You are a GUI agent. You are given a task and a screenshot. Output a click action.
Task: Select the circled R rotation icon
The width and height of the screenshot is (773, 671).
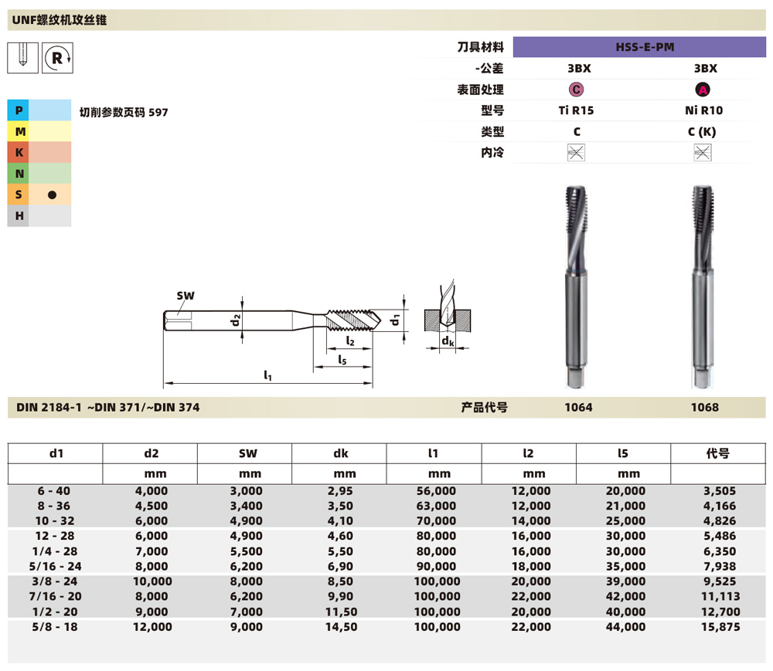[57, 56]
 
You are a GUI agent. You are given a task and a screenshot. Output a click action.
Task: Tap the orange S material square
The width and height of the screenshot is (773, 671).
[18, 195]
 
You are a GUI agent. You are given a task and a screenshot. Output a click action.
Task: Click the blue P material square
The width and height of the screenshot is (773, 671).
[18, 111]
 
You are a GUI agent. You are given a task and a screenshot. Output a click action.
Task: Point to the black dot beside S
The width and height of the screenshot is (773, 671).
[52, 195]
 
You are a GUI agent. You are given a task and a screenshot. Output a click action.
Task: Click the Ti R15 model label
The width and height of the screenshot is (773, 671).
[576, 110]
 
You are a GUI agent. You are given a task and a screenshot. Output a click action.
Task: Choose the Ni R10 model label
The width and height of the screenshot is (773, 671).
[703, 110]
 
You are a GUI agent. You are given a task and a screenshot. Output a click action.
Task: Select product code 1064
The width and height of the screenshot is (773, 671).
[579, 407]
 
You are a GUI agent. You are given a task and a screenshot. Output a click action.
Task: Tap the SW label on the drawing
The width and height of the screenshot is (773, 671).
[185, 296]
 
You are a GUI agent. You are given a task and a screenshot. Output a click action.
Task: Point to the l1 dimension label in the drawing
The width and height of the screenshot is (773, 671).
[267, 375]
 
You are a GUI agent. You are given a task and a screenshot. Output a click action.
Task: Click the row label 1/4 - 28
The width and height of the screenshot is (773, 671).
[55, 551]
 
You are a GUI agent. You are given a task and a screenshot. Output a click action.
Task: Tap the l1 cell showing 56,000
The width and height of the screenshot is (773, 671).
[434, 491]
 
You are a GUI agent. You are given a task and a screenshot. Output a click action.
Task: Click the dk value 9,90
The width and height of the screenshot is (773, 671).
[339, 597]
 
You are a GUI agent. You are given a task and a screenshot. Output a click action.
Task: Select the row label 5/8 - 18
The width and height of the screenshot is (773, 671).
[55, 627]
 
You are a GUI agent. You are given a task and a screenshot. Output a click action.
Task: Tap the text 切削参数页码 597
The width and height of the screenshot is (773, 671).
[124, 112]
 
